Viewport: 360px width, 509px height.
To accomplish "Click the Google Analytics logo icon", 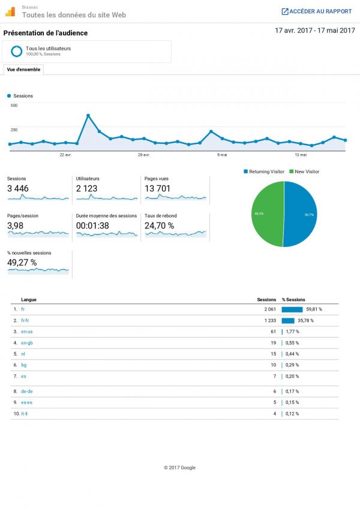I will (x=10, y=11).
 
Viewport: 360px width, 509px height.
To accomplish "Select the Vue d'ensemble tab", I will (x=23, y=70).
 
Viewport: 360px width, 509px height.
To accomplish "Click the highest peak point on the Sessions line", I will (x=88, y=115).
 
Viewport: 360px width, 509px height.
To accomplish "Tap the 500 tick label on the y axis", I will (x=14, y=106).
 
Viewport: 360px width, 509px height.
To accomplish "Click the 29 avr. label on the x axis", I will (x=143, y=155).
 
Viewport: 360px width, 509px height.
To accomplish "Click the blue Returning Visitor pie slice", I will (x=301, y=214).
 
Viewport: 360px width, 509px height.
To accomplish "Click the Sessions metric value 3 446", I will (x=18, y=189).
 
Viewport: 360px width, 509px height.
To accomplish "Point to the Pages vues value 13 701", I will (x=157, y=189).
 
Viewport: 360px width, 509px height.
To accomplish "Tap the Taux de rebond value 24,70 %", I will (x=159, y=226).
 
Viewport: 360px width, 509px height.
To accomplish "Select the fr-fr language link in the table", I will (x=25, y=321).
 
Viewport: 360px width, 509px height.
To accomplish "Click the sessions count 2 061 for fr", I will (x=269, y=309).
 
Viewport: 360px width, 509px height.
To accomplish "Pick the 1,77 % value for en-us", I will (x=292, y=332).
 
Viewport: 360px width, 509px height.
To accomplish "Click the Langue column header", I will (x=28, y=299).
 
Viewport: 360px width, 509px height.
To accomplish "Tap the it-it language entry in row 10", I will (x=25, y=414).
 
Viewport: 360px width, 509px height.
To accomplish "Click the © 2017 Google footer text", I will (x=179, y=468).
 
